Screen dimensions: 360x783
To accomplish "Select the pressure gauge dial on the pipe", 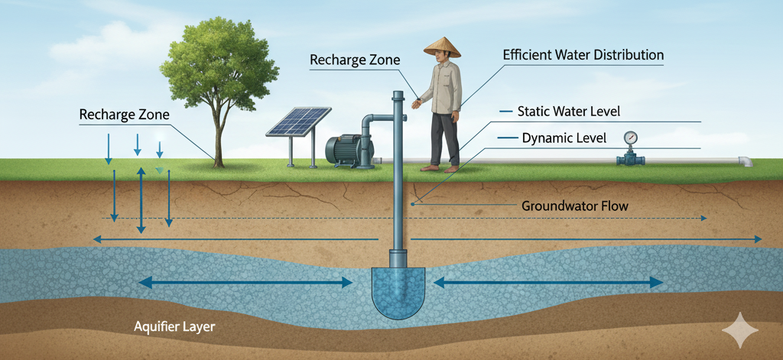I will (x=630, y=138).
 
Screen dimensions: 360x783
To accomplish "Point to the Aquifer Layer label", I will (x=174, y=327).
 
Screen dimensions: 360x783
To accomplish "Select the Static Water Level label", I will (x=568, y=112).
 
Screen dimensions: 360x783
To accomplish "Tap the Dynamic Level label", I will (x=564, y=138).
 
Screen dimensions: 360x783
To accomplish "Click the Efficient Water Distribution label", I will (x=583, y=56).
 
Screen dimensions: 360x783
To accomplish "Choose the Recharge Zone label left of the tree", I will (x=124, y=115).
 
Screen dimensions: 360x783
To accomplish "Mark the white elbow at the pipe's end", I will (x=744, y=161).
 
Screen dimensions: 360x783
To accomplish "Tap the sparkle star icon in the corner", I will (x=740, y=330).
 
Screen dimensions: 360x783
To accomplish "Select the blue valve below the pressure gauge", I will (x=630, y=159).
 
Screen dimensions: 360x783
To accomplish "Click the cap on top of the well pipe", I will (x=398, y=95).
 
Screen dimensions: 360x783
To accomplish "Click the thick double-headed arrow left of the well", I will (x=245, y=283).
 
